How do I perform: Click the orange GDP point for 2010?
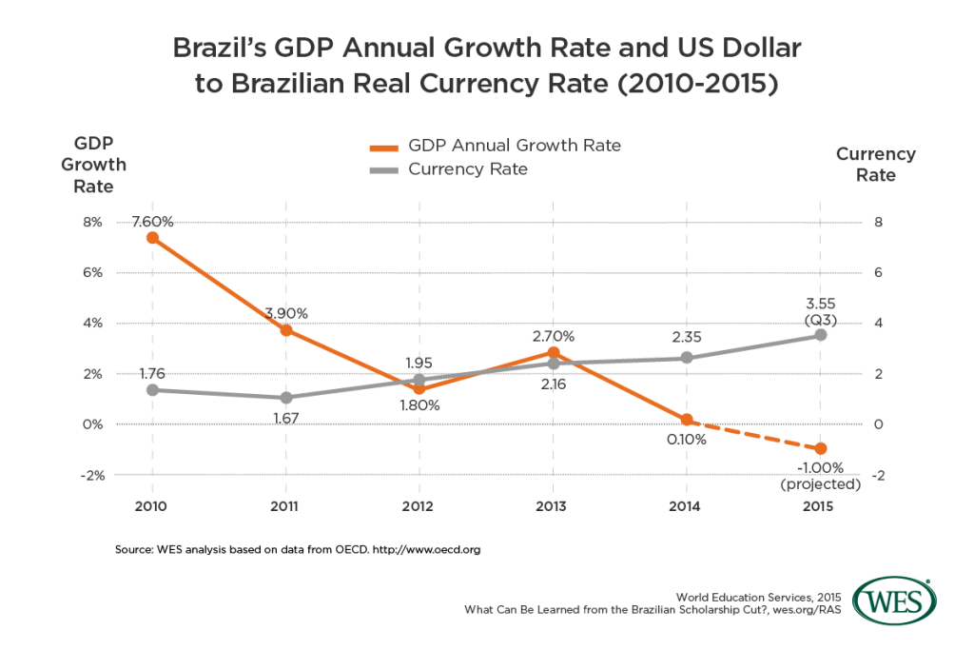pos(152,238)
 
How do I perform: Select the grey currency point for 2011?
pos(286,397)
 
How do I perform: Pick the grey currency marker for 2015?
pos(821,335)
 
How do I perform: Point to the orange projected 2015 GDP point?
pos(821,448)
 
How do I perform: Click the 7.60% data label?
pos(153,222)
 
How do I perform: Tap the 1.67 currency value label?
pos(286,416)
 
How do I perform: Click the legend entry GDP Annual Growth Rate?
pos(514,146)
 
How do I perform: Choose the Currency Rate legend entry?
pos(467,169)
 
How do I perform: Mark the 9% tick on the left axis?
pos(93,223)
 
